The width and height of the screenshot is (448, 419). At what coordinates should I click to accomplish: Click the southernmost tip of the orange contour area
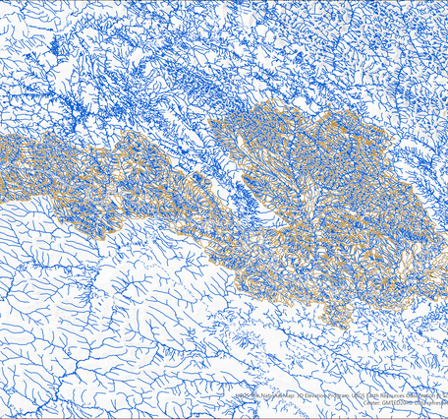tap(341, 322)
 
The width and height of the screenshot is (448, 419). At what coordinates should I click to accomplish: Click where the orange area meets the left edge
tap(2, 162)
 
